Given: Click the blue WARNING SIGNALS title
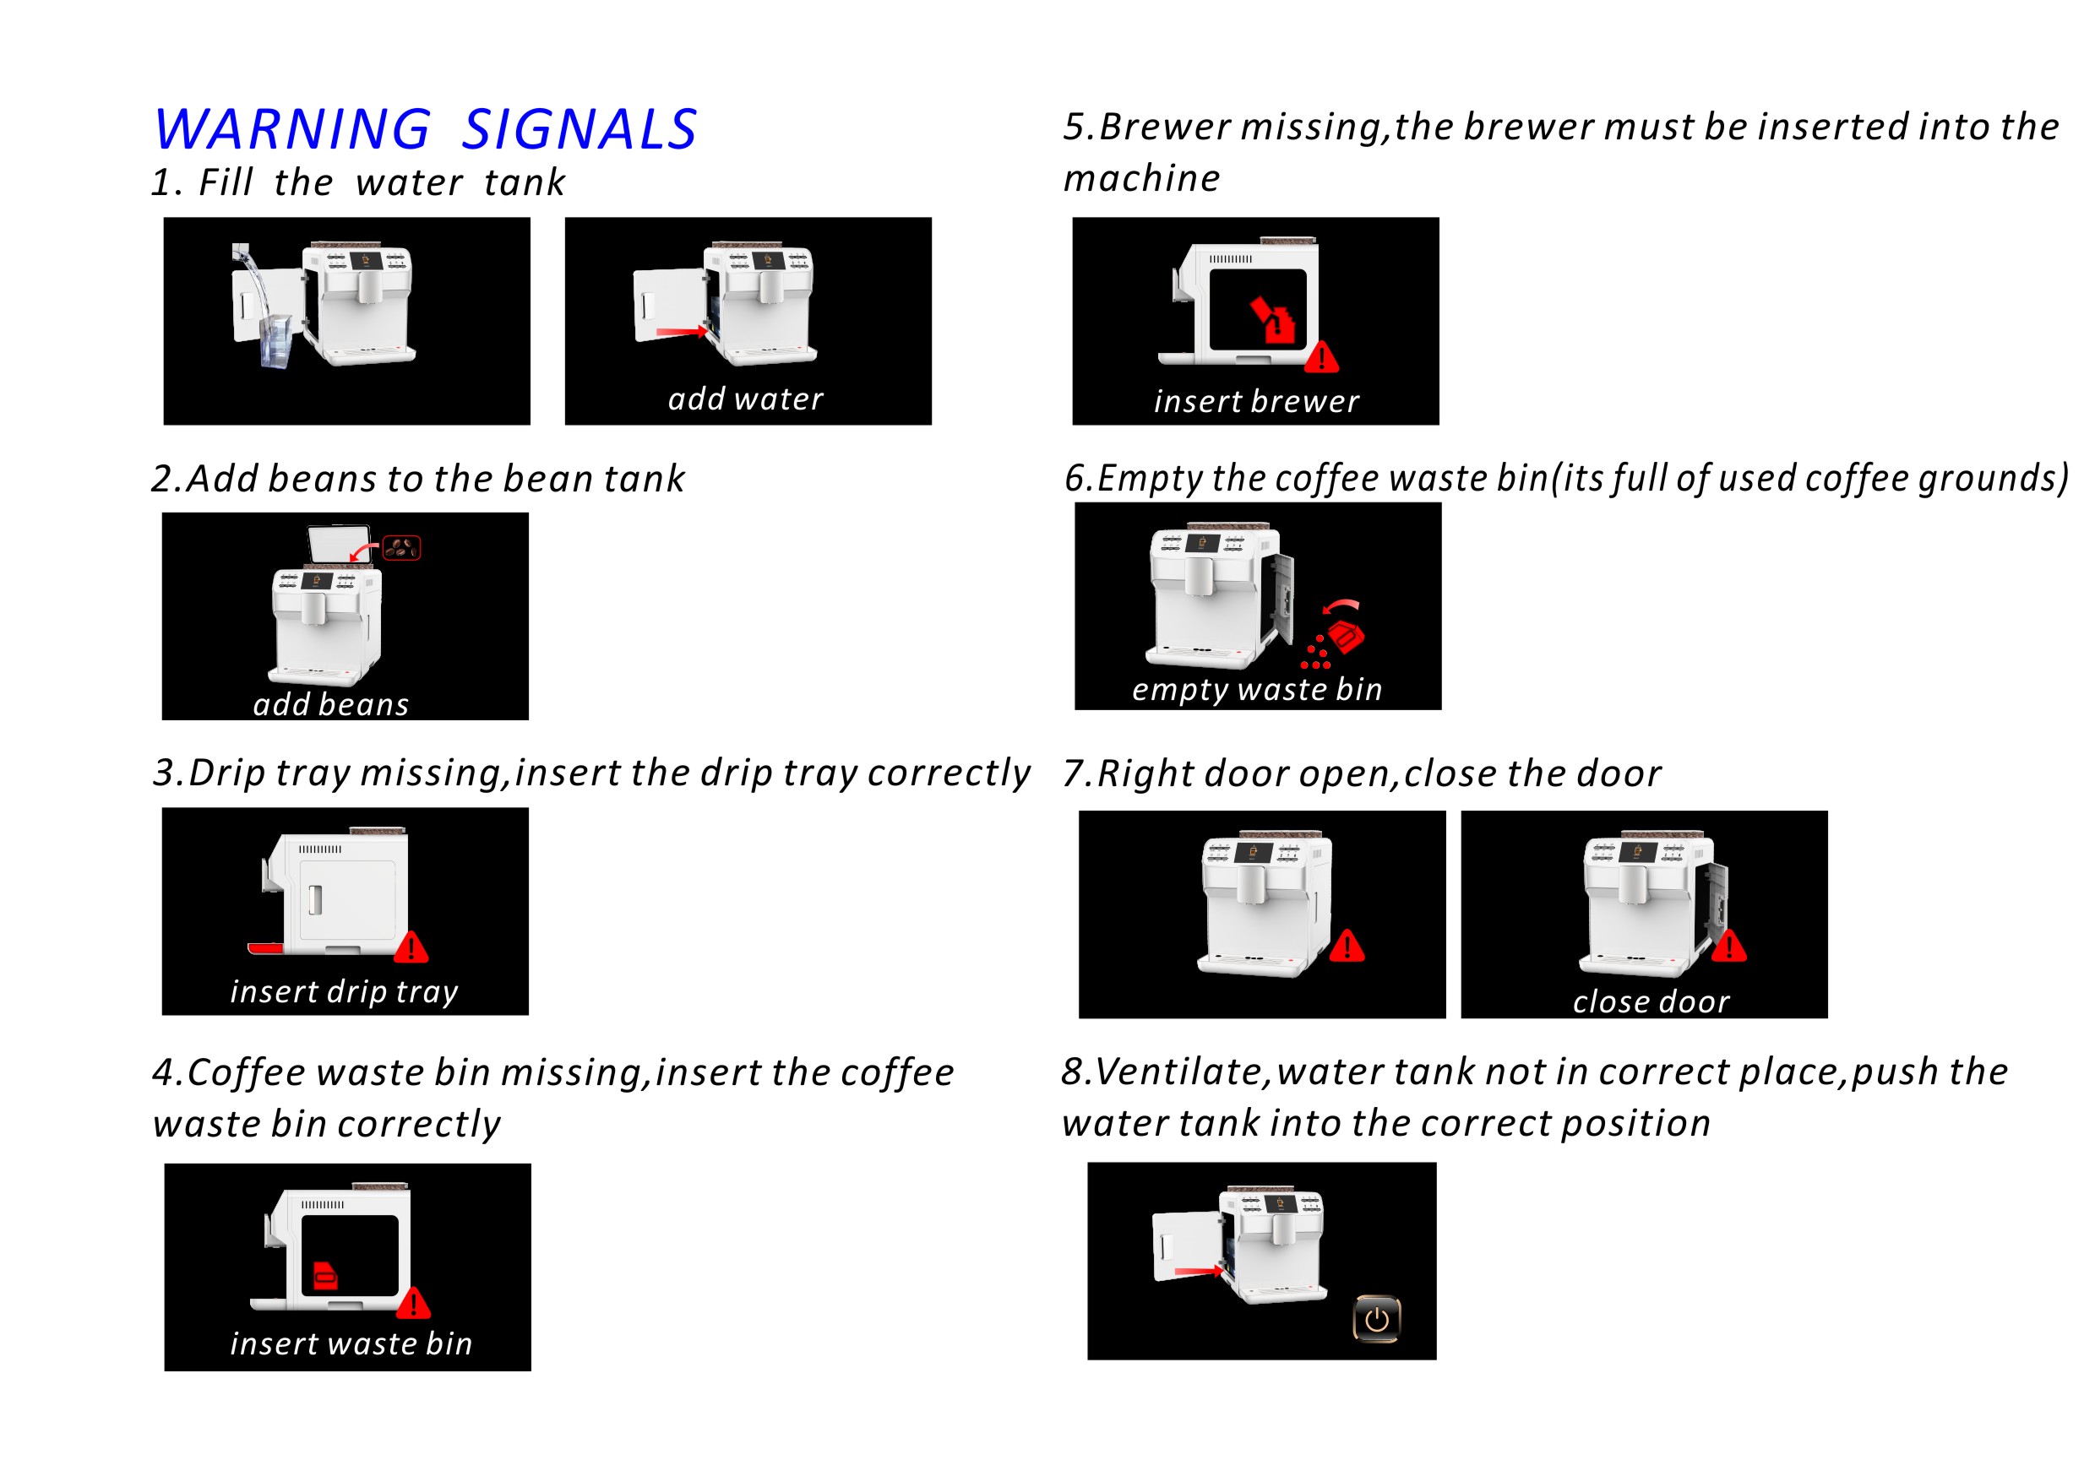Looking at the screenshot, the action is coord(425,128).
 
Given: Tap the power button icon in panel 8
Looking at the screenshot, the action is coord(1376,1319).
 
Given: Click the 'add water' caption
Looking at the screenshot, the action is coord(745,399).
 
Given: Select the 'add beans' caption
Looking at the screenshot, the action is coord(331,704).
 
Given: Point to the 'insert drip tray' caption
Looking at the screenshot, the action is coord(344,991).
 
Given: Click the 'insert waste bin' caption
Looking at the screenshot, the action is coord(351,1343).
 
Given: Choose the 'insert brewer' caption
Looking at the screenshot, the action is coord(1256,401).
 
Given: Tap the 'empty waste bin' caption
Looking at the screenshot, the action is coord(1257,690).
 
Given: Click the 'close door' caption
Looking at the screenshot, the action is coord(1651,1001).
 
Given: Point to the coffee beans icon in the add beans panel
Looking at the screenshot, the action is coord(401,548).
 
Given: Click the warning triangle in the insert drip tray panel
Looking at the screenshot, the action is coord(411,947).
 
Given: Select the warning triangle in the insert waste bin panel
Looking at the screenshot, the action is coord(413,1303).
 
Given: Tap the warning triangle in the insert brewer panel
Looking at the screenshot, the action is coord(1322,356).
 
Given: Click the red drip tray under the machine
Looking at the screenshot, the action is coord(265,949).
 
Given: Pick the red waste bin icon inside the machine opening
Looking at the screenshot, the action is coord(326,1276).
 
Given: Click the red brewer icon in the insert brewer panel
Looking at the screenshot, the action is coord(1274,320).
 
